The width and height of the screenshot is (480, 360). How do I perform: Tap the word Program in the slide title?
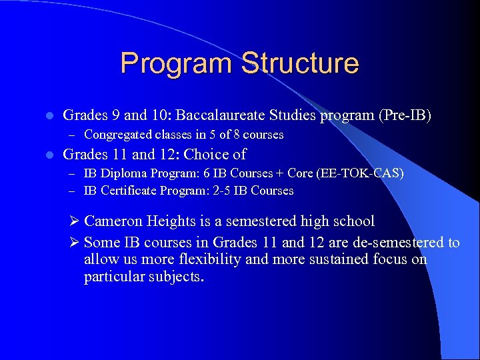pyautogui.click(x=177, y=64)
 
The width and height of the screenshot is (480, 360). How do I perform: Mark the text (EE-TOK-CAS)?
pyautogui.click(x=363, y=173)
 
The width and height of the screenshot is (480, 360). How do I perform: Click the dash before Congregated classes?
pyautogui.click(x=75, y=135)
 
